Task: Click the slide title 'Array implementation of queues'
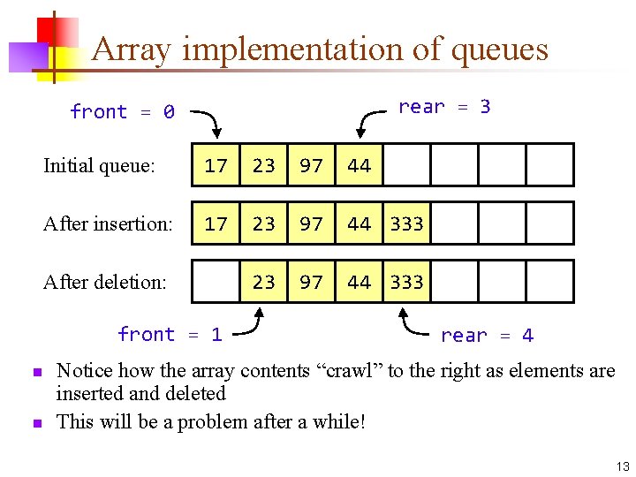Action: (x=320, y=49)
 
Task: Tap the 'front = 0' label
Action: (x=122, y=112)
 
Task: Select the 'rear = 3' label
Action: (x=443, y=107)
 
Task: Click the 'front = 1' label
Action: (x=170, y=334)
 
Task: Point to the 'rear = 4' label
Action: (x=487, y=336)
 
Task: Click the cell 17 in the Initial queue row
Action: (x=216, y=165)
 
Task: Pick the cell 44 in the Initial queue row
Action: (x=359, y=165)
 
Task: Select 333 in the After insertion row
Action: (x=406, y=224)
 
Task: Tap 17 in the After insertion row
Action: (x=216, y=224)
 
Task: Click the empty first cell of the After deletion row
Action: (x=216, y=282)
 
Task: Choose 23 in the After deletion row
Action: (x=263, y=282)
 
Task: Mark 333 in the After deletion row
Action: (x=406, y=282)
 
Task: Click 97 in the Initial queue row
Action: (x=311, y=165)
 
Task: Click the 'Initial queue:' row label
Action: (x=99, y=165)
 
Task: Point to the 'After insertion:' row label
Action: (x=108, y=224)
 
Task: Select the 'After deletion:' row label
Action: (x=104, y=282)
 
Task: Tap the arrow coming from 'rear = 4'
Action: (x=415, y=324)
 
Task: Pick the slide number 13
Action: (x=621, y=466)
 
